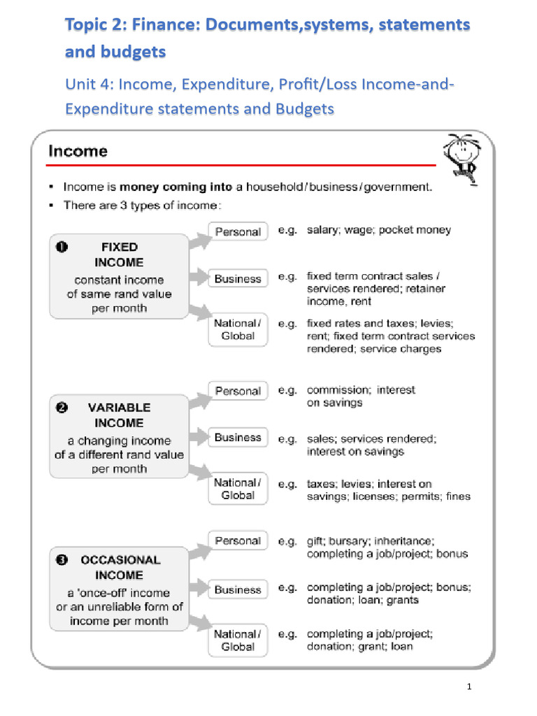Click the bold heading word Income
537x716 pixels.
[x=78, y=151]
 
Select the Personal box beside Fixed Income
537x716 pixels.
[x=238, y=231]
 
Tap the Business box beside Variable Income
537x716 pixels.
[x=238, y=438]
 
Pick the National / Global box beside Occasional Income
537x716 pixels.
[x=238, y=640]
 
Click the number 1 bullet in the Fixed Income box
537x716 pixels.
[x=62, y=247]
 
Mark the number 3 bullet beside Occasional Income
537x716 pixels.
[x=62, y=560]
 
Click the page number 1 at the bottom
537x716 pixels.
[x=470, y=687]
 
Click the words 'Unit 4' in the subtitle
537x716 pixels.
[x=89, y=85]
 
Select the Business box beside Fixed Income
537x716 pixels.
[x=238, y=279]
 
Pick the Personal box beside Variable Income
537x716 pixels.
[x=238, y=391]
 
